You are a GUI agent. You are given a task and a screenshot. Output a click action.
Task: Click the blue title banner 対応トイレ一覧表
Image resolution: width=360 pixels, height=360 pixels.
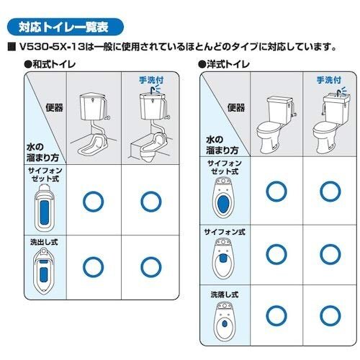click(x=66, y=27)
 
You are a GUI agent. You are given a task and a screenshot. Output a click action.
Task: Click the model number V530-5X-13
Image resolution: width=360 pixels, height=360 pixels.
click(x=52, y=47)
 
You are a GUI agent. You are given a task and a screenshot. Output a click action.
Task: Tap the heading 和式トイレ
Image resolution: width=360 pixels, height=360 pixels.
click(x=50, y=64)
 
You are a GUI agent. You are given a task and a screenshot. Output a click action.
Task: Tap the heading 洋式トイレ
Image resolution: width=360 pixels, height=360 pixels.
click(x=224, y=64)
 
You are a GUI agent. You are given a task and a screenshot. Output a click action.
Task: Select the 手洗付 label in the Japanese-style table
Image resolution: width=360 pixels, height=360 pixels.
click(x=151, y=80)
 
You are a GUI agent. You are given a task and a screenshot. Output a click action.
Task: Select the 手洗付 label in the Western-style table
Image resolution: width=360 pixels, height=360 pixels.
click(x=329, y=80)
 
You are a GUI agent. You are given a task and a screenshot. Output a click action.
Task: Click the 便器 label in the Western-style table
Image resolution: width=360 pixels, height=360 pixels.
click(x=236, y=107)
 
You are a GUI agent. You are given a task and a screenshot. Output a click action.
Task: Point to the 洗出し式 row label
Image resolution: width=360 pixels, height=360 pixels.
click(x=44, y=242)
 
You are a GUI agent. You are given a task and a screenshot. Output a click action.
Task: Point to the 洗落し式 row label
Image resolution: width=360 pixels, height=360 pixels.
click(x=225, y=294)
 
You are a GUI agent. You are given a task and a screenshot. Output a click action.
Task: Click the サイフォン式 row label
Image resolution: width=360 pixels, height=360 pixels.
click(x=225, y=232)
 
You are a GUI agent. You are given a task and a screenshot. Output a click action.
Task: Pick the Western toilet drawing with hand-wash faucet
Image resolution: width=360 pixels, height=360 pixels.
click(x=330, y=122)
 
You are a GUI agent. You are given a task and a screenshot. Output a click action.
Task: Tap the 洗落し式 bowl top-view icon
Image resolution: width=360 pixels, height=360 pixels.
click(x=225, y=321)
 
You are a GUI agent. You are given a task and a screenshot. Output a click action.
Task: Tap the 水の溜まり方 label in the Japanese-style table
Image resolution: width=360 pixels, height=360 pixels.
click(x=42, y=152)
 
